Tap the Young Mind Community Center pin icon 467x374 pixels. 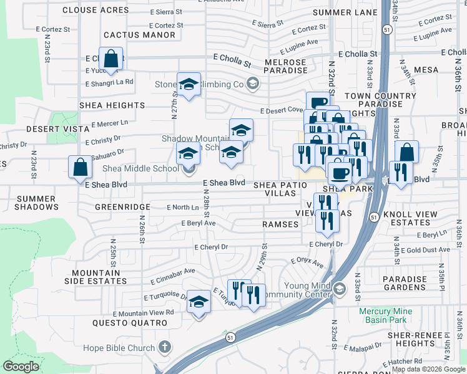coord(340,289)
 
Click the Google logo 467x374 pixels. coord(21,367)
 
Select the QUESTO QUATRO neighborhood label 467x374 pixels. coord(130,323)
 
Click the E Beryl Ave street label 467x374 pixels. coord(198,223)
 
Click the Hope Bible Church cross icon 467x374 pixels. coord(165,346)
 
